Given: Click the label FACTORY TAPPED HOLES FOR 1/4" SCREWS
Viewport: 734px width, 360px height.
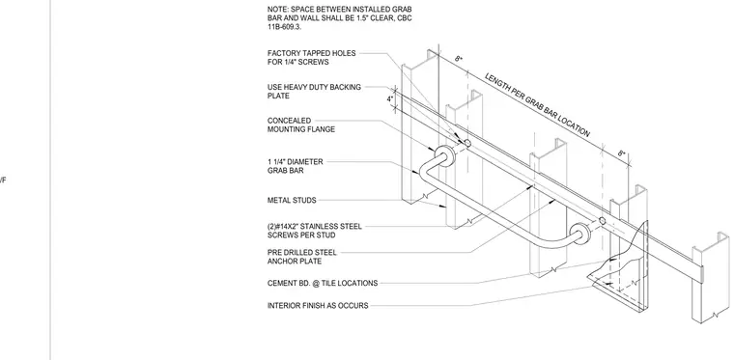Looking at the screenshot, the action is [311, 58].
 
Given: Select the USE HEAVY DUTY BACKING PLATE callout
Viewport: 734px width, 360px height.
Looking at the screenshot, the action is [314, 91].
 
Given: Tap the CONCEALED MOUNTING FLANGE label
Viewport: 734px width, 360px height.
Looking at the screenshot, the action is [301, 125].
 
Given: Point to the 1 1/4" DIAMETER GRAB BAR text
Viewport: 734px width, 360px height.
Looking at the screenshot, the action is [295, 166].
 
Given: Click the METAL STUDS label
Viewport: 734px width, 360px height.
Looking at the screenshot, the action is [292, 200].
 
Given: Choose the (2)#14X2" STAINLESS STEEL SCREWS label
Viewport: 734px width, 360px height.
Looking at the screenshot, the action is [315, 231].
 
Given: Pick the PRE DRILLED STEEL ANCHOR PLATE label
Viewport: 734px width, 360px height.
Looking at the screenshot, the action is [302, 257].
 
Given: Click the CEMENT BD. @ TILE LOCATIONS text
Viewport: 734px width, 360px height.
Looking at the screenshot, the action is [322, 283].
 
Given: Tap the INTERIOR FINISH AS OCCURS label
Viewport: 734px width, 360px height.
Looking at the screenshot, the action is [318, 305].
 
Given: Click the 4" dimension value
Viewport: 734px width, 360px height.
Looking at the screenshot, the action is [389, 99].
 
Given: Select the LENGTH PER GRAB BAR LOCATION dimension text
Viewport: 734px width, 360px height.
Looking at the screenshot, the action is [537, 105].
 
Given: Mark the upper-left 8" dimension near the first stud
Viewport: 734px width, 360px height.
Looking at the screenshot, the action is [459, 59].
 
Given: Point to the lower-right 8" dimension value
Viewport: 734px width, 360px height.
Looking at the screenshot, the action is [621, 153].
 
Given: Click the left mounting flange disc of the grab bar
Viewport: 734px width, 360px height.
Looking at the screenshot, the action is [443, 155].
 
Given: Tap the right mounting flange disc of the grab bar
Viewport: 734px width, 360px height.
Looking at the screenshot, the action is [579, 234].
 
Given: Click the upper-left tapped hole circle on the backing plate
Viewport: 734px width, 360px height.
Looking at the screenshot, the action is [467, 143].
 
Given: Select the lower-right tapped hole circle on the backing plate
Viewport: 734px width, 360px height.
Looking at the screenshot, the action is [603, 221].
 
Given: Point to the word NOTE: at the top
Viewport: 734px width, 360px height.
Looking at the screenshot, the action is [277, 9].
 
